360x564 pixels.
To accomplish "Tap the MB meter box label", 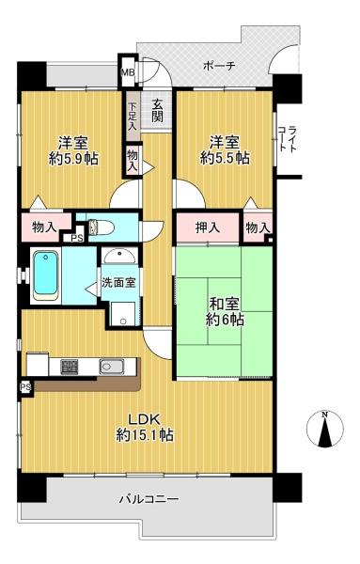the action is (127, 72).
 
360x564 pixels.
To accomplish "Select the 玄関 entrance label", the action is (157, 110).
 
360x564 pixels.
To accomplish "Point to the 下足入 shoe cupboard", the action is (133, 117).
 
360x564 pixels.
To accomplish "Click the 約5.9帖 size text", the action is (73, 158).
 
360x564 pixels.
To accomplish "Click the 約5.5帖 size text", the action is (225, 158).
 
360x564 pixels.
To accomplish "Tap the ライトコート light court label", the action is (288, 138).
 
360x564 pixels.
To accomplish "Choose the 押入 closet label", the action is (207, 227).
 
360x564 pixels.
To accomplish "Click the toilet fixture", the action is (102, 227).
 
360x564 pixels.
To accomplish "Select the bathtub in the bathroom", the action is (46, 275).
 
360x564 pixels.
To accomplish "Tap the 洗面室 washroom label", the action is (118, 282).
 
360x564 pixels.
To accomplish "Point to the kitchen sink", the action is (112, 367).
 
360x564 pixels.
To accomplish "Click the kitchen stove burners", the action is (70, 367).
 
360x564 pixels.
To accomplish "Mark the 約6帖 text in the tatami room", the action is (226, 320).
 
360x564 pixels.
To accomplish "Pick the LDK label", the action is (144, 419).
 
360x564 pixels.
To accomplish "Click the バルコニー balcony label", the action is (149, 499).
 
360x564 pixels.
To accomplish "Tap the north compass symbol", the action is (325, 430).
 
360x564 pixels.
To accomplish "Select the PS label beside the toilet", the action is (76, 238).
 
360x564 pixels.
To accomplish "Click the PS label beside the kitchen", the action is (25, 387).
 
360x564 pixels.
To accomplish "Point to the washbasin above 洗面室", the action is (119, 256).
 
